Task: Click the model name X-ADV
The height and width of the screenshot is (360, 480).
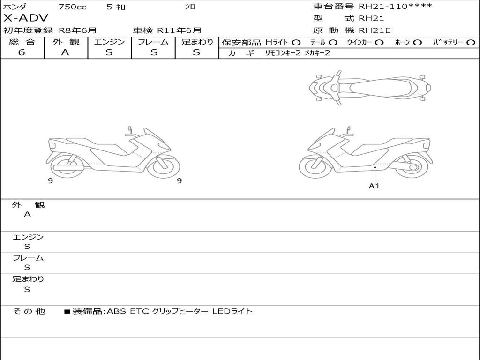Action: coord(26,18)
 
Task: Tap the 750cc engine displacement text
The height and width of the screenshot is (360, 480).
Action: coord(73,7)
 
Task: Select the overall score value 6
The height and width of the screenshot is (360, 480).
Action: coord(22,52)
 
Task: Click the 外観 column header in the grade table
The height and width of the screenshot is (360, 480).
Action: coord(66,42)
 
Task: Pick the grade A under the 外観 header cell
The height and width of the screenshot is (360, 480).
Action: coord(65,52)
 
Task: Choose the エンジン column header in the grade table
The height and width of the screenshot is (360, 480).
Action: coord(109,42)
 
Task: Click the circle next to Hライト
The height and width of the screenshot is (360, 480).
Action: coord(296,43)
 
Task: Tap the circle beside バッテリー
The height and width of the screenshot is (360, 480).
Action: coord(471,43)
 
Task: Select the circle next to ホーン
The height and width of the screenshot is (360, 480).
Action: coord(418,43)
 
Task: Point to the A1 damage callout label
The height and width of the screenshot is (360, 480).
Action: coord(374,186)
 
